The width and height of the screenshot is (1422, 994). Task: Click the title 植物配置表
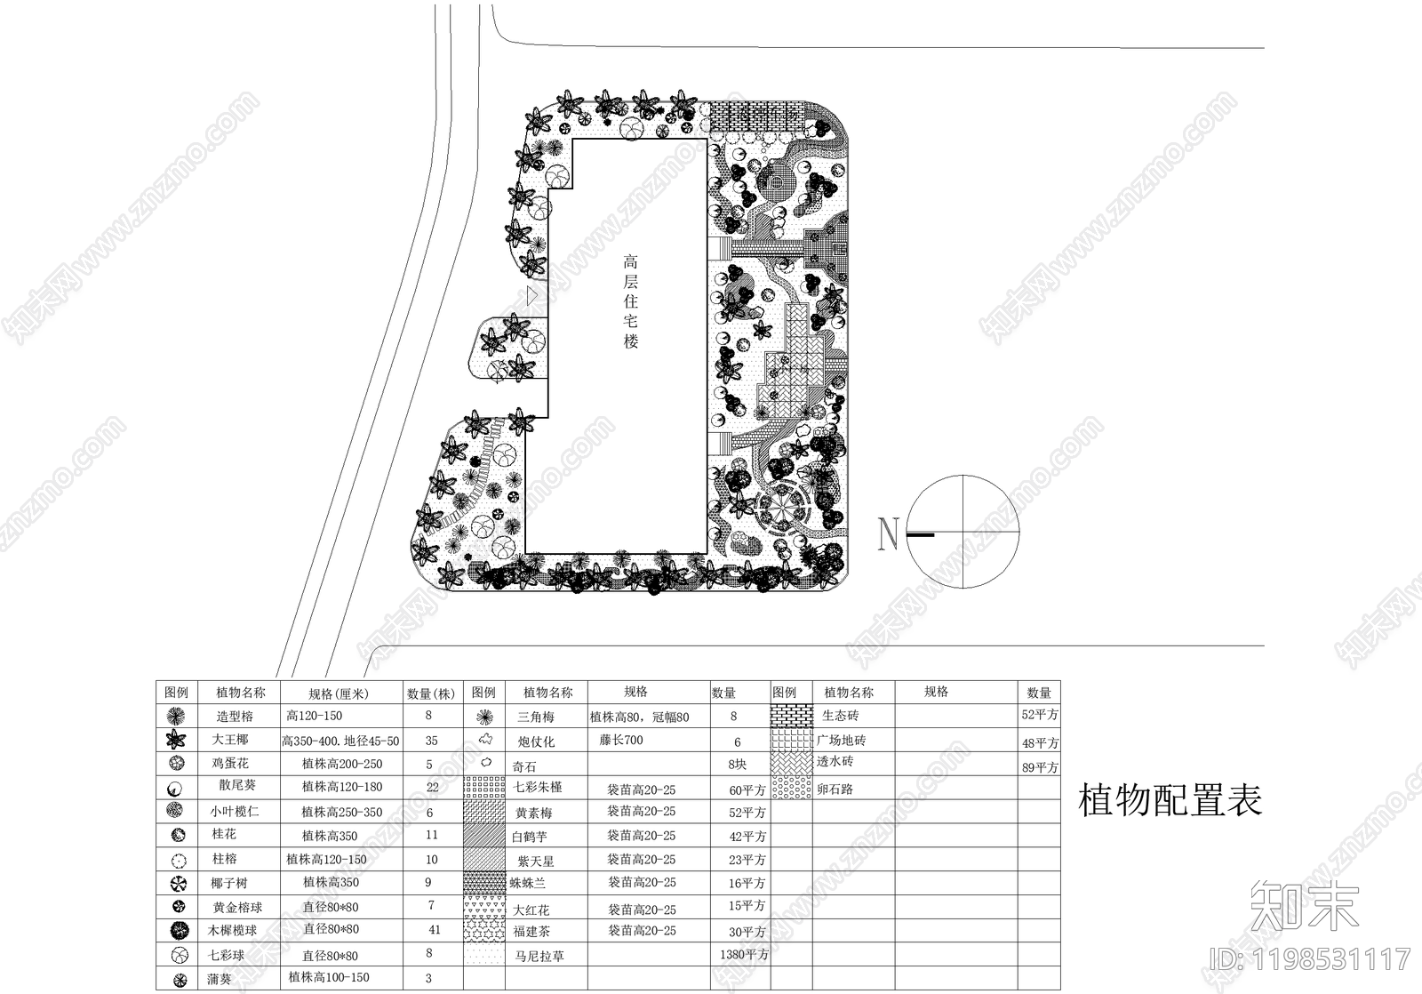tap(1170, 800)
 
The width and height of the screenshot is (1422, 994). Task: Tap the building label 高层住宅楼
tap(630, 301)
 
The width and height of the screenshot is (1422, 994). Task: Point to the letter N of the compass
tap(888, 533)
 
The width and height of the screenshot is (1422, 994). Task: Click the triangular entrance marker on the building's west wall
tap(532, 295)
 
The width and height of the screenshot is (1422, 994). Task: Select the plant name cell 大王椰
tap(230, 740)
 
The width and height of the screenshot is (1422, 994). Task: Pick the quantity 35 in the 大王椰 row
tap(431, 740)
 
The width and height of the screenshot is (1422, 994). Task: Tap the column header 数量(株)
tap(431, 693)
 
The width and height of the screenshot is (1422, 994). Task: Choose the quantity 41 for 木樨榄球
tap(434, 930)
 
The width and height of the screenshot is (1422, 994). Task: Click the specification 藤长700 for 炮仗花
tap(621, 740)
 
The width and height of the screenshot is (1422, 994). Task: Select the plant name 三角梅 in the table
tap(536, 717)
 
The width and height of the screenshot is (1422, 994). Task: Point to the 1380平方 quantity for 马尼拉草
tap(744, 955)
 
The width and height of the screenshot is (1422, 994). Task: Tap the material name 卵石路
tap(835, 789)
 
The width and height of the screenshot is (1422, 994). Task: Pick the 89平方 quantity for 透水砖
tap(1040, 766)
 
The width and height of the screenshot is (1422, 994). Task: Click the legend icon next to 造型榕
tap(177, 716)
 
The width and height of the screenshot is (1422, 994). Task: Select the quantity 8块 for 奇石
tap(737, 765)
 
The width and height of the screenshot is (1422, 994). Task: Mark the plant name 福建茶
tap(532, 932)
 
